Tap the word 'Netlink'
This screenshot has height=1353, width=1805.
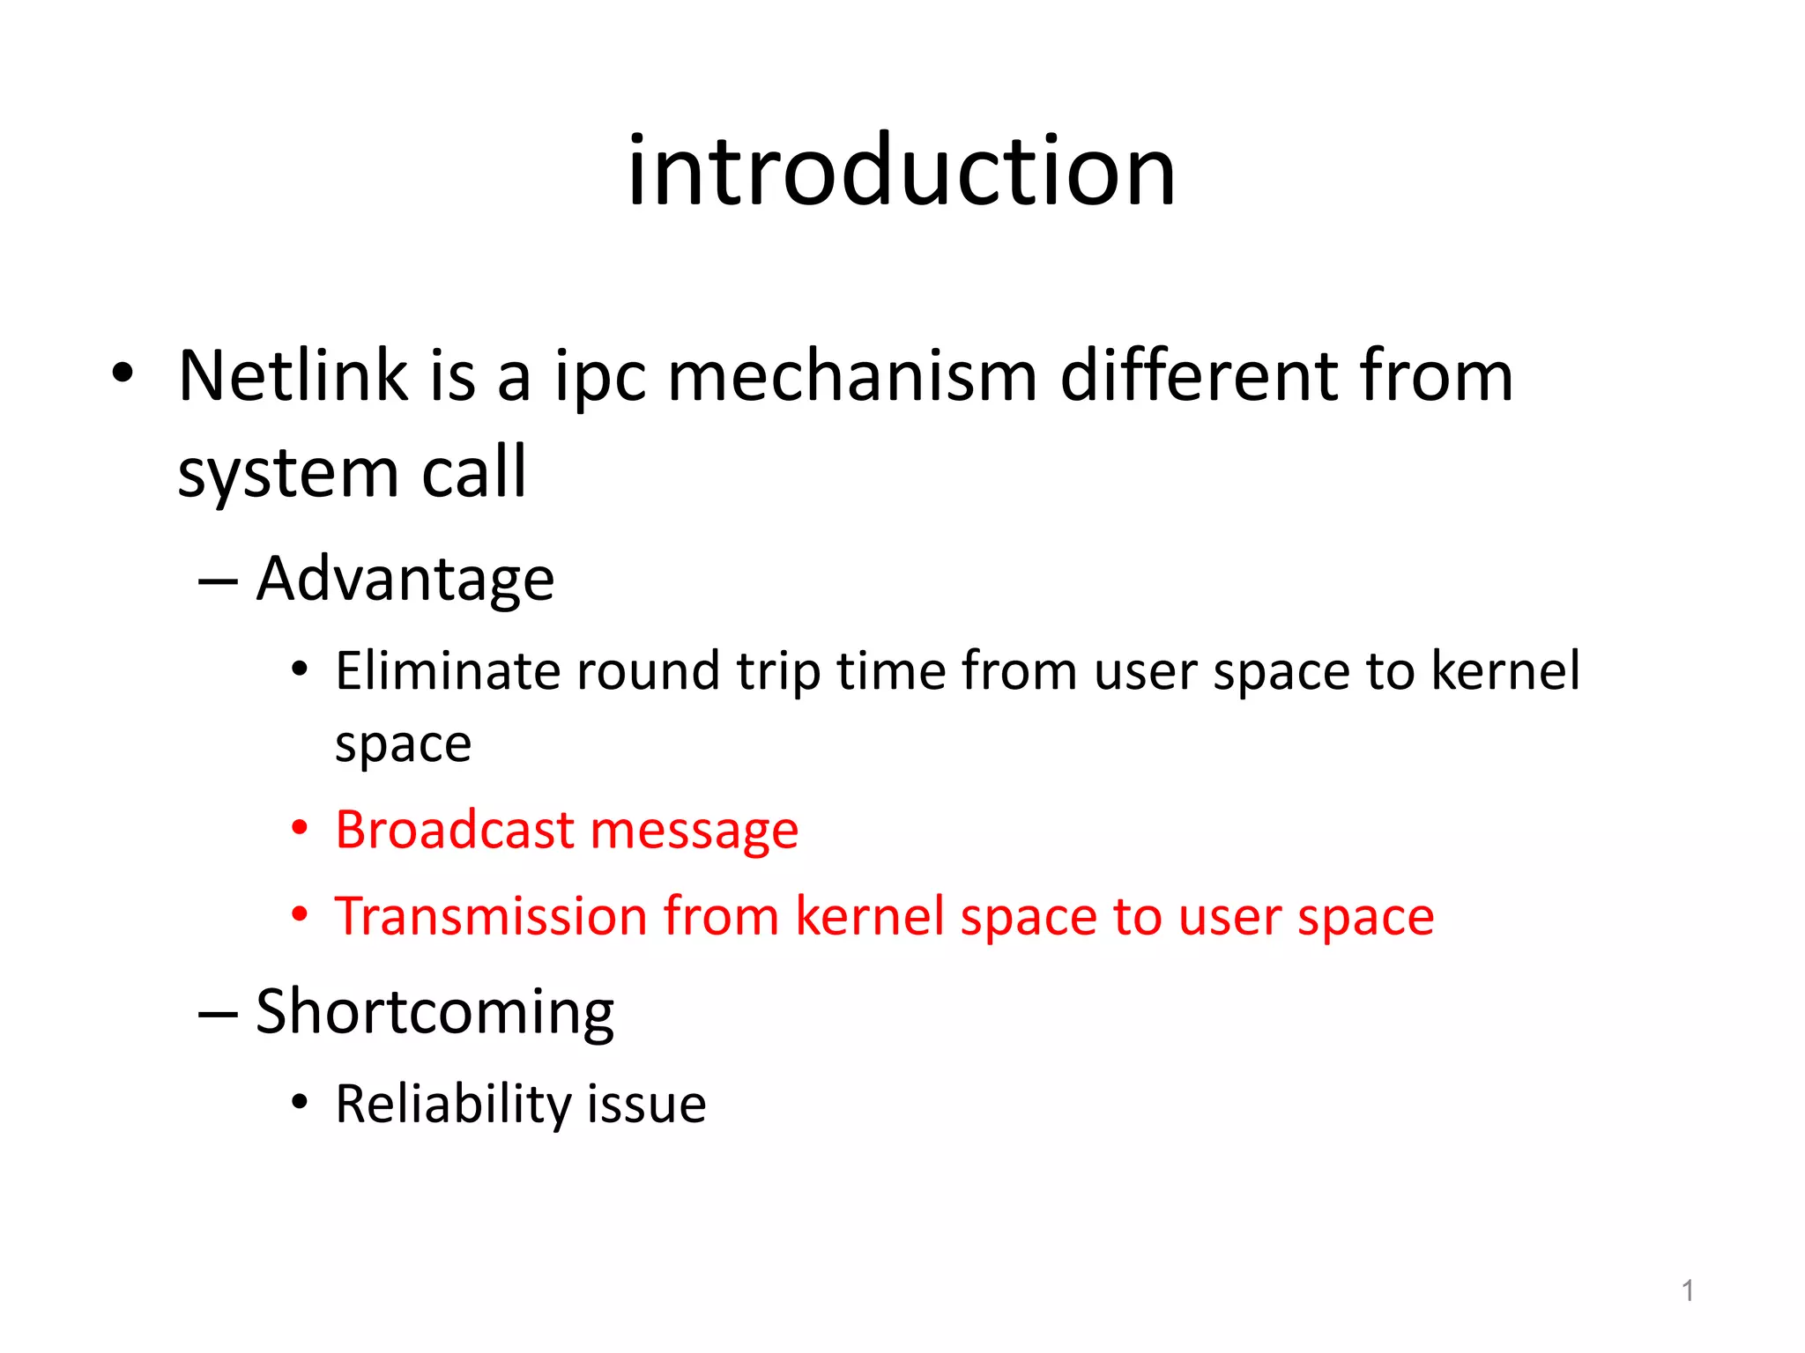point(293,376)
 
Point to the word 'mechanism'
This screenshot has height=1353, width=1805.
point(851,376)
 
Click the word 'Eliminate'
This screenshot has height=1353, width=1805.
point(447,671)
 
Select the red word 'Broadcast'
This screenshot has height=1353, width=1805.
point(455,830)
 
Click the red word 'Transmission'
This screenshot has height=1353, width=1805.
point(490,916)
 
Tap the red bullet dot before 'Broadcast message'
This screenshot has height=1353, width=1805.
point(301,829)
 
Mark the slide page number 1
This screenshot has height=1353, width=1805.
point(1687,1291)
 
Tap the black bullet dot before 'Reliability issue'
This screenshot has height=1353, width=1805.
point(301,1102)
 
